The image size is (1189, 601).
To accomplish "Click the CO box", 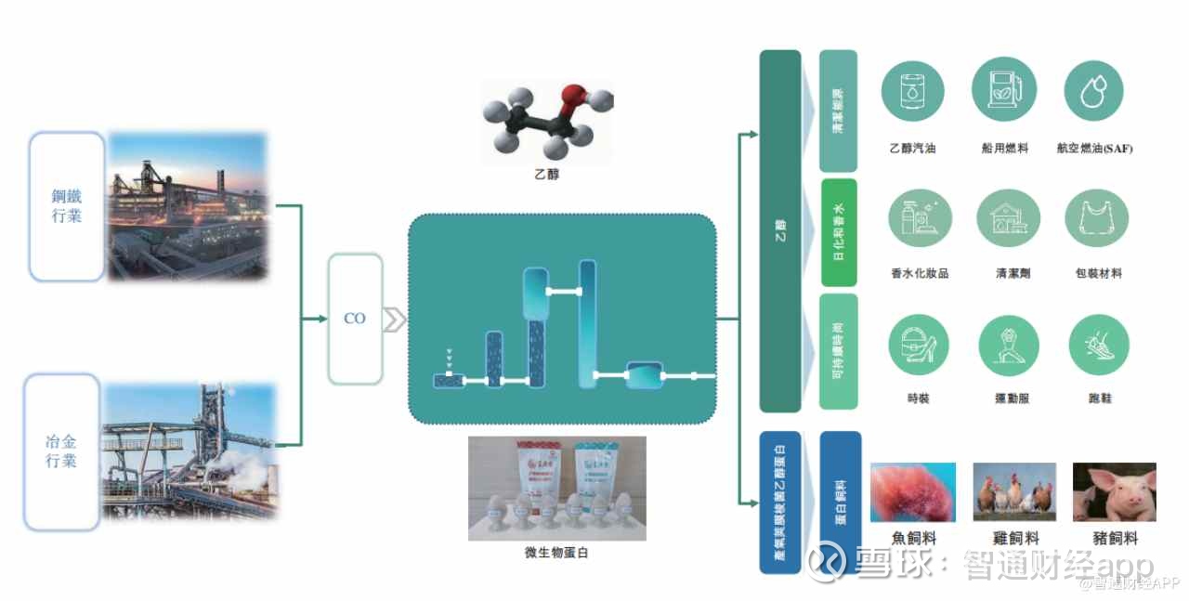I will pyautogui.click(x=355, y=319).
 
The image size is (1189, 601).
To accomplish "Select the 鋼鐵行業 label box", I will pyautogui.click(x=66, y=206).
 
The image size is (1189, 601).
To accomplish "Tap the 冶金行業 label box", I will pyautogui.click(x=61, y=451).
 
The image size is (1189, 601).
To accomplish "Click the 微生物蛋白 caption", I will pyautogui.click(x=556, y=553).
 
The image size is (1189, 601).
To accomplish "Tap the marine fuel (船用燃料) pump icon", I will pyautogui.click(x=1004, y=89).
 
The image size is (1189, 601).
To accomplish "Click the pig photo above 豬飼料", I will pyautogui.click(x=1114, y=492).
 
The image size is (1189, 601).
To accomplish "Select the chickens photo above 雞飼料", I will pyautogui.click(x=1013, y=492).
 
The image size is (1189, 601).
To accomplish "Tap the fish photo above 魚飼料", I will pyautogui.click(x=912, y=492).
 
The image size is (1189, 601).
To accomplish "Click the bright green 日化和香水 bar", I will pyautogui.click(x=839, y=232).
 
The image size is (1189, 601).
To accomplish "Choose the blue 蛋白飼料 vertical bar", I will pyautogui.click(x=840, y=502).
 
